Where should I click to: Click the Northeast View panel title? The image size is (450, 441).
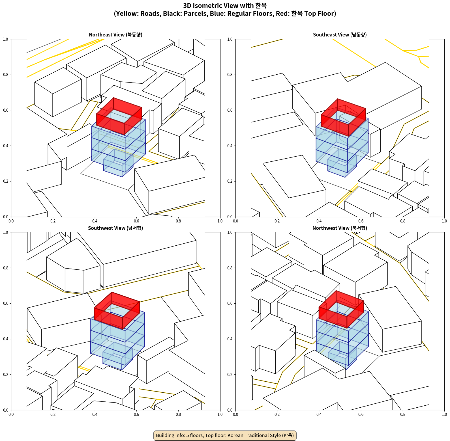point(115,35)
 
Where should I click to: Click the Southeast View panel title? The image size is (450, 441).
point(340,35)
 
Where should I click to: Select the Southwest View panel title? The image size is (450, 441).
point(115,228)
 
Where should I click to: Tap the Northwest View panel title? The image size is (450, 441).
point(340,228)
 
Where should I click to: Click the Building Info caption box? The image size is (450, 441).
point(225,435)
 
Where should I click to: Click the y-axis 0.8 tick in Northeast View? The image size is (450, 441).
point(6,75)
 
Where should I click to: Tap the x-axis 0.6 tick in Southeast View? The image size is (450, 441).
point(361,221)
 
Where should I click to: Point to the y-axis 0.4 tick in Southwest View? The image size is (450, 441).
point(6,339)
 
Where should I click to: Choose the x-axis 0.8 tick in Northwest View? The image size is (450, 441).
point(403,414)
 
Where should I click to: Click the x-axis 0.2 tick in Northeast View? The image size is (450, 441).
point(53,221)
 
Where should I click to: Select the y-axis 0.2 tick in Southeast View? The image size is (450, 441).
point(230,181)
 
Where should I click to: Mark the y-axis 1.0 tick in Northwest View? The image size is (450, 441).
point(230,232)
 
